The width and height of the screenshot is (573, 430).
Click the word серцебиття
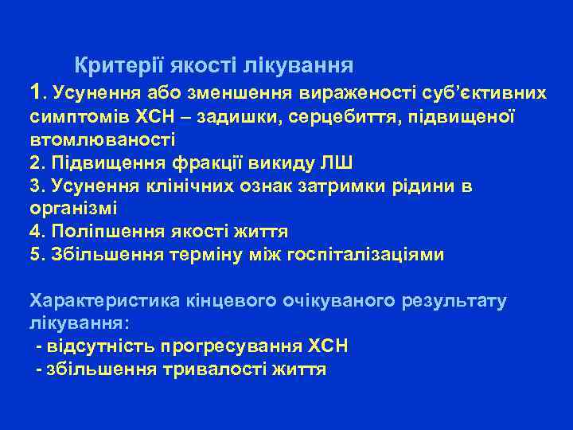337,117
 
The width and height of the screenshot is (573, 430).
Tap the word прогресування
228,347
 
